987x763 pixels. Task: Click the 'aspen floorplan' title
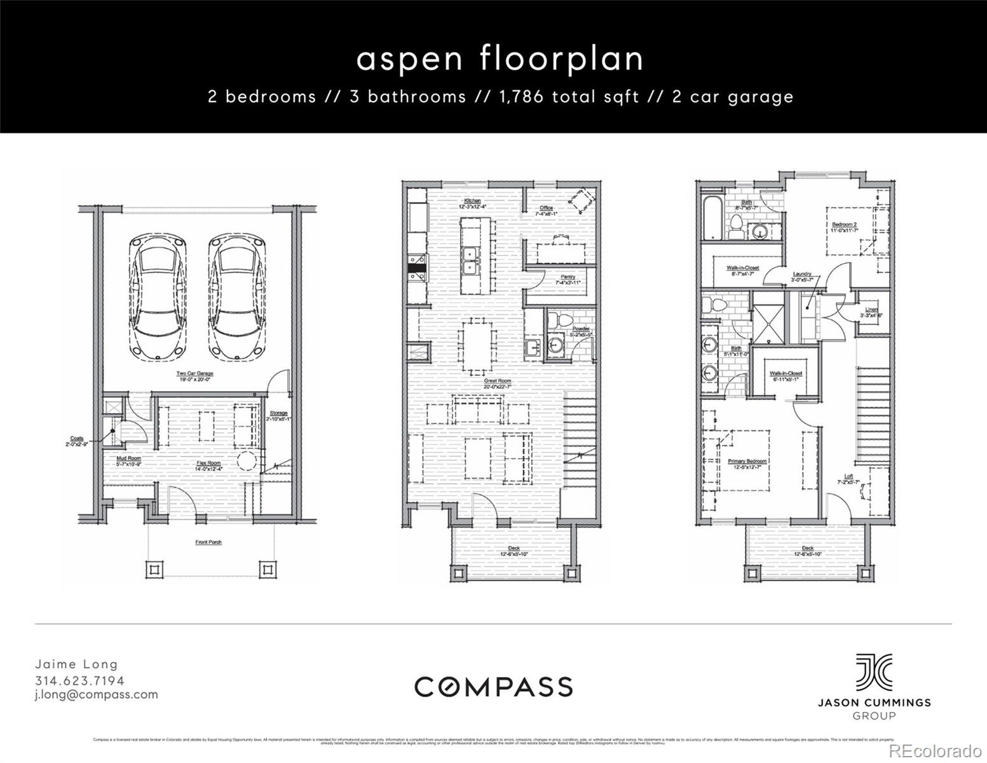(x=500, y=58)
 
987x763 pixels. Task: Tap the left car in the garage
(x=158, y=298)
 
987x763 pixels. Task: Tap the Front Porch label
(x=208, y=542)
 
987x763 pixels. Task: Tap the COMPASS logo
(x=493, y=687)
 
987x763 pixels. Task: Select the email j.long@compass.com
(x=96, y=694)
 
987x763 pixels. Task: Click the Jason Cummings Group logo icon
(x=873, y=672)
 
